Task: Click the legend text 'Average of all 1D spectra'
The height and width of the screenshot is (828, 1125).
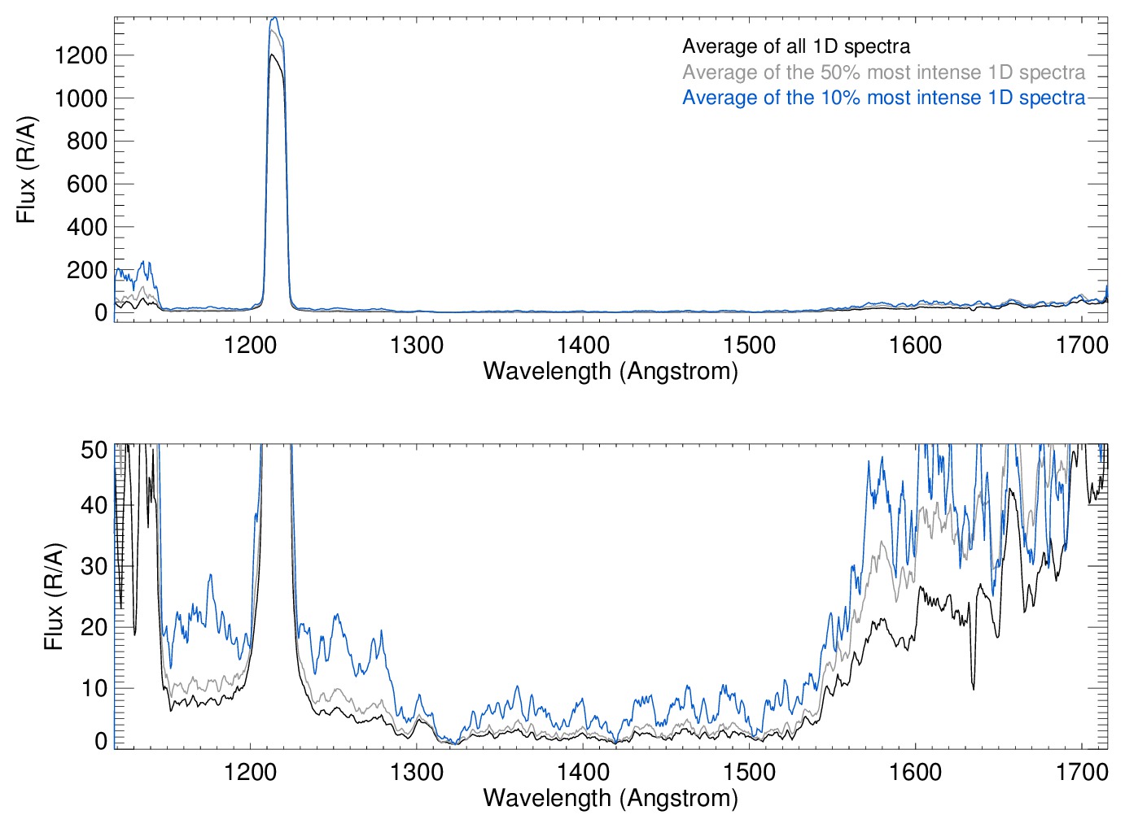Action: coord(795,46)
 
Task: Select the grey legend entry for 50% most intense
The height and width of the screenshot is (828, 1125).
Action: coord(883,72)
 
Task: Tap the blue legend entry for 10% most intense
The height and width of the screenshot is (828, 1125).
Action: coord(883,98)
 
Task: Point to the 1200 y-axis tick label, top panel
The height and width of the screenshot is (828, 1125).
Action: coord(81,55)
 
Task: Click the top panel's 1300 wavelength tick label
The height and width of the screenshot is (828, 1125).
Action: coord(417,345)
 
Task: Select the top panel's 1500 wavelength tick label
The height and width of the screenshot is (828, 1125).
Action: coord(749,345)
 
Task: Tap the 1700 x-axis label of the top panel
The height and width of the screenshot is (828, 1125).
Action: coord(1081,345)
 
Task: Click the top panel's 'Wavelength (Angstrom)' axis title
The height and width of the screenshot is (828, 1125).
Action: coord(611,371)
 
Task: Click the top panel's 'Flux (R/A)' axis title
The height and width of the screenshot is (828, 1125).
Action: coord(26,170)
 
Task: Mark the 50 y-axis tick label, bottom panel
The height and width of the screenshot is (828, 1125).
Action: coord(94,450)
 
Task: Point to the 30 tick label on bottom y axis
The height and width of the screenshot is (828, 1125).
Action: coord(94,566)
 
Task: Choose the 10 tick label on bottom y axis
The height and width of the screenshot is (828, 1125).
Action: coord(94,688)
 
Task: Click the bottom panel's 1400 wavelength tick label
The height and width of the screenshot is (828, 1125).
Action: coord(583,771)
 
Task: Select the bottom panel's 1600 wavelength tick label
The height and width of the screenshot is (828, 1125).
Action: coord(915,771)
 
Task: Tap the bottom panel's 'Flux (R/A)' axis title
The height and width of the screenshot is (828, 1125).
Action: coord(54,597)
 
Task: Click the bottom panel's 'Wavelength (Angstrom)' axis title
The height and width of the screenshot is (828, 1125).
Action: coord(611,798)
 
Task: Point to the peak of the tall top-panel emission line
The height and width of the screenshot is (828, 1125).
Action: coord(274,18)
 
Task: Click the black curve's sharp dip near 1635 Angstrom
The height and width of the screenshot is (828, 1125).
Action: coord(973,688)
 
